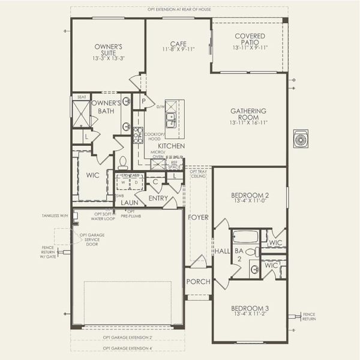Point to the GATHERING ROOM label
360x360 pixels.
(248, 115)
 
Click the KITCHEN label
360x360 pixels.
(171, 146)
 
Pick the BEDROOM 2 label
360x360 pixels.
(250, 196)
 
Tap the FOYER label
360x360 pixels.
(197, 217)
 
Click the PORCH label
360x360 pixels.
(197, 282)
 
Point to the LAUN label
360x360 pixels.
(130, 203)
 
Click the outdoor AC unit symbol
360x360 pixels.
(299, 140)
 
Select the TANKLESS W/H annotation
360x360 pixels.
(56, 215)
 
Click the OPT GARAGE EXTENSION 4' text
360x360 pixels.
(127, 348)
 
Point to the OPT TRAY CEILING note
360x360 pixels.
(199, 173)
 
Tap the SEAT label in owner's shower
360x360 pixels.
(82, 97)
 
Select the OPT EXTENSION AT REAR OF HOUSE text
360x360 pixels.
(179, 9)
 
